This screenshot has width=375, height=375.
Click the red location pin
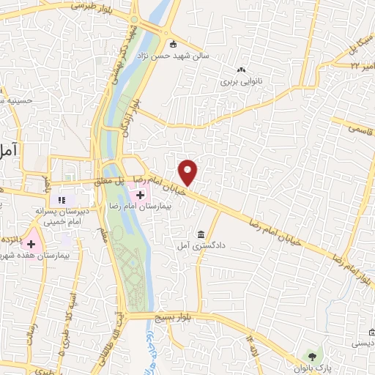pos(189,172)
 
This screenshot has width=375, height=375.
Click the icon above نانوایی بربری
pos(241,70)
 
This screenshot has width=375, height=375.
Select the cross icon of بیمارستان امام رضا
pos(139,194)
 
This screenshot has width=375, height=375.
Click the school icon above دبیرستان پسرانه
pos(62,199)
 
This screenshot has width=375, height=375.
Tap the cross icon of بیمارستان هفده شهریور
pos(31,242)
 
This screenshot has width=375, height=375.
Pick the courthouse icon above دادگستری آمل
pos(201,234)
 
